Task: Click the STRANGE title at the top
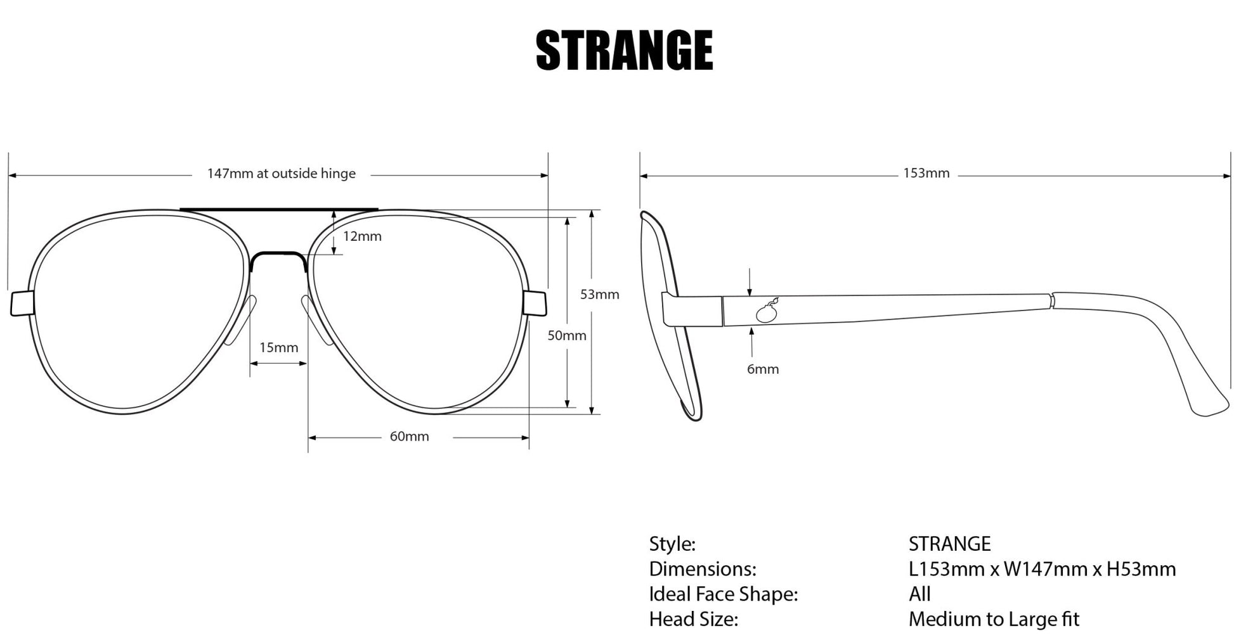pyautogui.click(x=625, y=50)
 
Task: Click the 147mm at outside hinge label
pyautogui.click(x=281, y=174)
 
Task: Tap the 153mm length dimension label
pyautogui.click(x=926, y=174)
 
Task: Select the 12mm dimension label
pyautogui.click(x=362, y=236)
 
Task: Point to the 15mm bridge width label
pyautogui.click(x=278, y=347)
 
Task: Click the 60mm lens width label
pyautogui.click(x=409, y=437)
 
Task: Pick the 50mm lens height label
pyautogui.click(x=567, y=335)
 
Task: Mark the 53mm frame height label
pyautogui.click(x=599, y=294)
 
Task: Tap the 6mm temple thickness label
pyautogui.click(x=762, y=369)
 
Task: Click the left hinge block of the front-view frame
pyautogui.click(x=21, y=304)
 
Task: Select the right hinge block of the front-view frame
pyautogui.click(x=535, y=303)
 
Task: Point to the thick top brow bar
pyautogui.click(x=279, y=209)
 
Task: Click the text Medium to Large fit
pyautogui.click(x=993, y=619)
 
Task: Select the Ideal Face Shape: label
pyautogui.click(x=723, y=594)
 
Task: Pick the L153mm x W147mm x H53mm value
pyautogui.click(x=1042, y=568)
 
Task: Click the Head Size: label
pyautogui.click(x=693, y=619)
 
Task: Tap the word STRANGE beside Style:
pyautogui.click(x=949, y=544)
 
